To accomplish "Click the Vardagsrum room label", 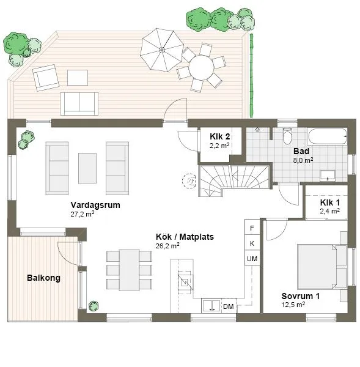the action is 95,205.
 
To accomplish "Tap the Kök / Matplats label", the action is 185,237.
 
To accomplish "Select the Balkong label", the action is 44,278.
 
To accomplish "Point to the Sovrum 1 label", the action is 300,296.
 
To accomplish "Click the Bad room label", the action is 301,151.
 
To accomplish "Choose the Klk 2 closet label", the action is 219,136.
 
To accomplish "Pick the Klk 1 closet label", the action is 330,202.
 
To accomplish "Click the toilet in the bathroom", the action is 287,136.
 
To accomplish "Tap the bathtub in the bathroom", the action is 328,136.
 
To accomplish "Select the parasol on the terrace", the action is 161,50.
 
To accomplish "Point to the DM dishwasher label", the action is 229,306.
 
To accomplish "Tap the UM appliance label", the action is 252,259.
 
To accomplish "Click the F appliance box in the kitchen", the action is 252,228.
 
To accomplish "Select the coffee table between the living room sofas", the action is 87,168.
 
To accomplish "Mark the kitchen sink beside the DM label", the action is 211,305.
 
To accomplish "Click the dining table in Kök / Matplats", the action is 129,270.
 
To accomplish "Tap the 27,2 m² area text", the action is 83,214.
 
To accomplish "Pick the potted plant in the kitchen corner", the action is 94,306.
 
